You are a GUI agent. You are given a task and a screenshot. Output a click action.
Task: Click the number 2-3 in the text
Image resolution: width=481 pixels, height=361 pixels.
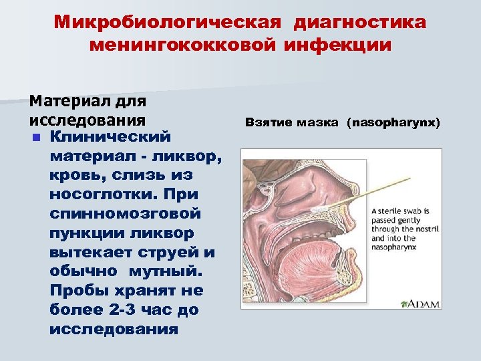[x=123, y=310]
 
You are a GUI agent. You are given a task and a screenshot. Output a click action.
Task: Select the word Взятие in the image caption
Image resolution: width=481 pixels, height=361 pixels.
[x=267, y=123]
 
